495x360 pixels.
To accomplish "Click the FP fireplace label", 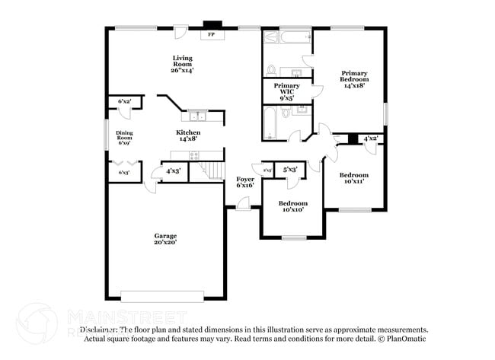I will [x=211, y=35].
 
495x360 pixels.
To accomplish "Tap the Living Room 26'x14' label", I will [x=182, y=64].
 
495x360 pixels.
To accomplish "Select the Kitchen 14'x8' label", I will [x=189, y=135].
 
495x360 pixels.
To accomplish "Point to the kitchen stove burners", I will [x=194, y=155].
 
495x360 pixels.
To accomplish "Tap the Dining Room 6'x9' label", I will [x=124, y=138].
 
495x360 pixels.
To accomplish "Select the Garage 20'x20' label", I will [x=165, y=239].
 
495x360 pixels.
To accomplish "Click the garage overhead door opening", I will [x=162, y=295].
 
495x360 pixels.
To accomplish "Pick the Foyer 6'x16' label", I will [x=244, y=181].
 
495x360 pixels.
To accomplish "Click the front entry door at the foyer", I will [x=244, y=204].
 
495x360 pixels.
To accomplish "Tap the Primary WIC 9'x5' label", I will [x=286, y=91].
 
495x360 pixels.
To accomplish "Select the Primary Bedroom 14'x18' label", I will [x=354, y=79].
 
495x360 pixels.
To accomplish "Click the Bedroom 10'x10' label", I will [x=293, y=206].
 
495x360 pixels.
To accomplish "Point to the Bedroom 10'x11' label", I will [x=354, y=178].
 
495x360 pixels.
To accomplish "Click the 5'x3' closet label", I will [x=289, y=170].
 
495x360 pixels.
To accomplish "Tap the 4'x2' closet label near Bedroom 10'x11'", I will [x=371, y=139].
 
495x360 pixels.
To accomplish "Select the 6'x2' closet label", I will [x=124, y=101].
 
